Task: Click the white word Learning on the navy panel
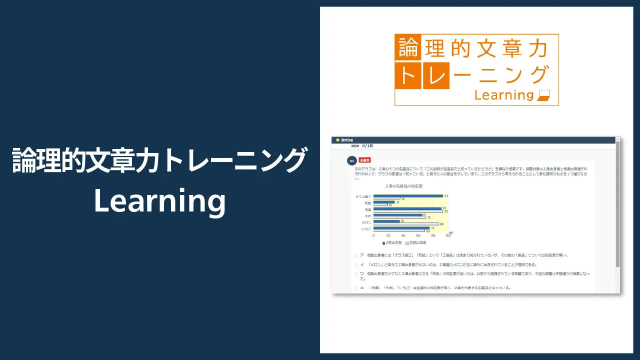click(159, 201)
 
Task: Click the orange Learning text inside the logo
click(503, 94)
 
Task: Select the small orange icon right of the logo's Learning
click(543, 95)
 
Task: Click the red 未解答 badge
click(364, 160)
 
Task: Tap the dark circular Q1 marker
click(351, 161)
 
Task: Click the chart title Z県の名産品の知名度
click(404, 186)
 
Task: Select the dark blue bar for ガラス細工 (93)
click(408, 196)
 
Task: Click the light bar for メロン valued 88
click(406, 224)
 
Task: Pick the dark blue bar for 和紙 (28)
click(383, 202)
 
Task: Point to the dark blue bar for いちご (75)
click(401, 228)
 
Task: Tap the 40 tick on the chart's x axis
click(403, 235)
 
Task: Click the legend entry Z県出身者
click(392, 242)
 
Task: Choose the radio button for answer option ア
click(356, 256)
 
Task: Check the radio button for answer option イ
click(356, 265)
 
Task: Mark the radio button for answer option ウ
click(356, 274)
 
